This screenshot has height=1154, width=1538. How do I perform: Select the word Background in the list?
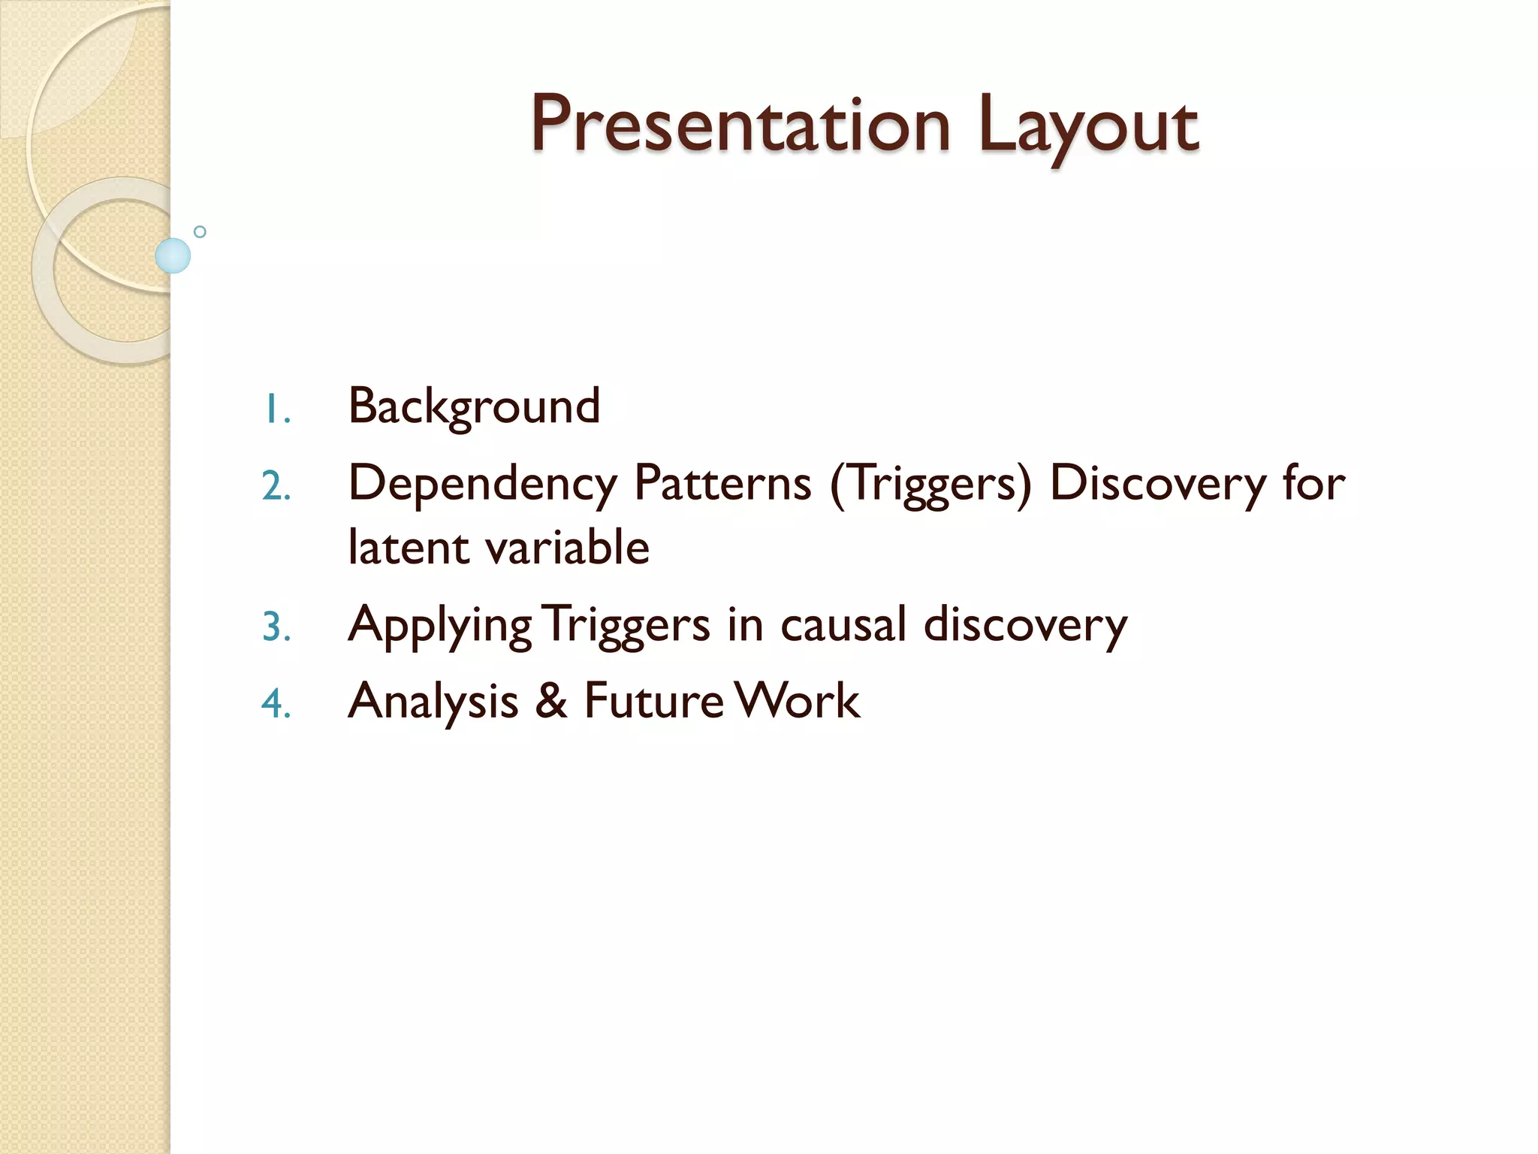[x=474, y=406]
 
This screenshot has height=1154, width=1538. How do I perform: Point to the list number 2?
[x=276, y=486]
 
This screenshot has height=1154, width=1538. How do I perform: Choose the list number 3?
[x=276, y=627]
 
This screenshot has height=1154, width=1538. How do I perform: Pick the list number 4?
[x=276, y=704]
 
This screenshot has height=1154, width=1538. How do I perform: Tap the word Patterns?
[x=722, y=483]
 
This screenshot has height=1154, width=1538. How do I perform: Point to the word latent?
[x=409, y=547]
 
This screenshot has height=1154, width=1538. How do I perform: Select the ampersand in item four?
[x=551, y=701]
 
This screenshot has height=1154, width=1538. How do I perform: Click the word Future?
[x=653, y=701]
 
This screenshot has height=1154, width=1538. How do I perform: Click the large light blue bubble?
[x=173, y=255]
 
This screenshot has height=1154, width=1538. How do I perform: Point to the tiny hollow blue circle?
[x=200, y=231]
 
